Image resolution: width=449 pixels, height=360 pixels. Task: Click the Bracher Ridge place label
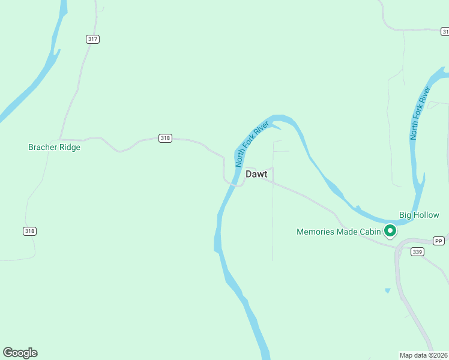54,147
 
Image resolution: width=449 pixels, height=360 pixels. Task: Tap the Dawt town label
256,174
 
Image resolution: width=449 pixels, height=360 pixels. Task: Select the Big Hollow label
419,215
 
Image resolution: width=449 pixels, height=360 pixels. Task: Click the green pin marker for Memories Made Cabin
390,230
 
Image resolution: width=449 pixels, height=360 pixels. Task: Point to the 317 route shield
92,39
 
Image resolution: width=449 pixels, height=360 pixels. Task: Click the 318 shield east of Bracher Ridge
166,138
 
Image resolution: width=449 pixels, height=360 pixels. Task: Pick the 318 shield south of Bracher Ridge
29,231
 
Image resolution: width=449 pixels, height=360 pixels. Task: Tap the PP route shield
439,241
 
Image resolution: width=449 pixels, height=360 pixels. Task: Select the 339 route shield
418,252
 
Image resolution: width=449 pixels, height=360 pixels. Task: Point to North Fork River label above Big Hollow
421,113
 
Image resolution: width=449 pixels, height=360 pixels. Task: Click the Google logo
20,353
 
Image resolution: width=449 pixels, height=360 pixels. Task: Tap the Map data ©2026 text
424,355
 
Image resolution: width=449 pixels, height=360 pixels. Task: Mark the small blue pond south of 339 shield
387,291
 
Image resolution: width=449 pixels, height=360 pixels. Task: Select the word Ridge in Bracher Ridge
69,147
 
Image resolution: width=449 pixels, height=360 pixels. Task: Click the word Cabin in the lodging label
370,232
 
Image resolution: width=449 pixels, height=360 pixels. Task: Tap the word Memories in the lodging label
316,232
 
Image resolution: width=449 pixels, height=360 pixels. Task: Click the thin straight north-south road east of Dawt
273,222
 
